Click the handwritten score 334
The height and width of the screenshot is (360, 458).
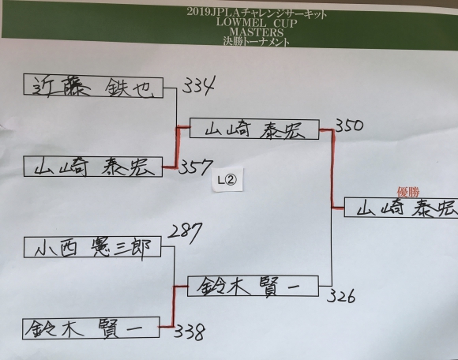pyautogui.click(x=199, y=84)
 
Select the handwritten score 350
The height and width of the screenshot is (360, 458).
pyautogui.click(x=349, y=125)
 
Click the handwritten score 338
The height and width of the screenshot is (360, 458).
pyautogui.click(x=190, y=332)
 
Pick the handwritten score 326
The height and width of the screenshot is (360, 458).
pyautogui.click(x=341, y=296)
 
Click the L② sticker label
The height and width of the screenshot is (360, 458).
pyautogui.click(x=227, y=179)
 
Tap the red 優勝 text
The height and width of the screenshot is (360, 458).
pyautogui.click(x=408, y=192)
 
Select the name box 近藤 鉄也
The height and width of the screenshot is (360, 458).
pyautogui.click(x=93, y=86)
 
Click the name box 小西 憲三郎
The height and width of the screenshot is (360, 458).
pyautogui.click(x=92, y=247)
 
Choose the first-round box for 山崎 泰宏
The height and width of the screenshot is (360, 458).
pyautogui.click(x=93, y=167)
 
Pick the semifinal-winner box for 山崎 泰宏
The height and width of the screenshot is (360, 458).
pyautogui.click(x=254, y=129)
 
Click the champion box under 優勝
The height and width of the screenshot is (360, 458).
pyautogui.click(x=401, y=208)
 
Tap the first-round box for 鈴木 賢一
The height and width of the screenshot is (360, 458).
pyautogui.click(x=91, y=328)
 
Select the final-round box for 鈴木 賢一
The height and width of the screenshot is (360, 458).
pyautogui.click(x=253, y=286)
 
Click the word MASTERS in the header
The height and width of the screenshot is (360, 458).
pyautogui.click(x=257, y=32)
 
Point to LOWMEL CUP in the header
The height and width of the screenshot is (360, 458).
pyautogui.click(x=257, y=22)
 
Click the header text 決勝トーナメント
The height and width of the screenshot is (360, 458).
pyautogui.click(x=256, y=42)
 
